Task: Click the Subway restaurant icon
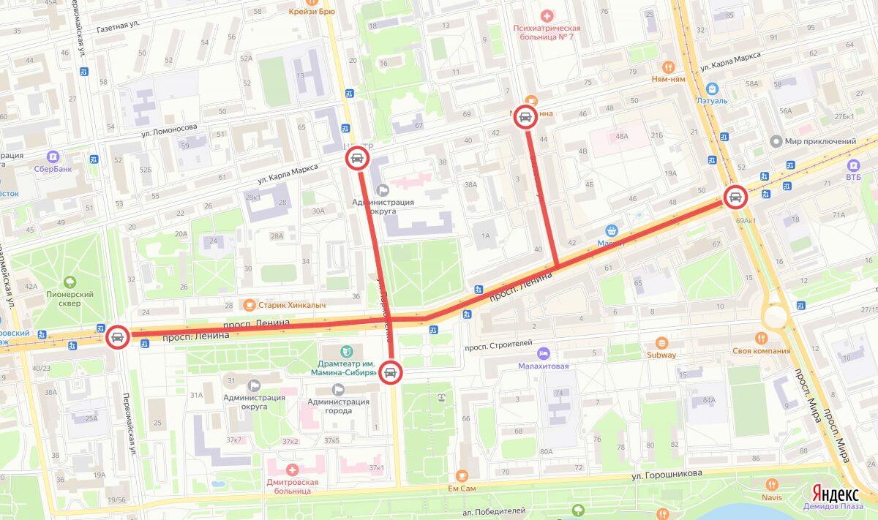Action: pos(661,342)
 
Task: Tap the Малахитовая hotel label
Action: pos(543,366)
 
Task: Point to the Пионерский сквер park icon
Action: pos(70,282)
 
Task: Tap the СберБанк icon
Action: pos(52,157)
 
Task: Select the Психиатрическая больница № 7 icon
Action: pos(546,15)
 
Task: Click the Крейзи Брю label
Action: pos(312,12)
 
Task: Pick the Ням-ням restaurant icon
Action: pos(667,64)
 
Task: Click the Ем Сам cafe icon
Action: pos(461,475)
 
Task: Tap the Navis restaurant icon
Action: pos(771,484)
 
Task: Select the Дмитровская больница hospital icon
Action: pos(293,470)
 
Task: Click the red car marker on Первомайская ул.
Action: pos(116,337)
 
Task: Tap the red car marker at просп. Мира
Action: pos(735,197)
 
